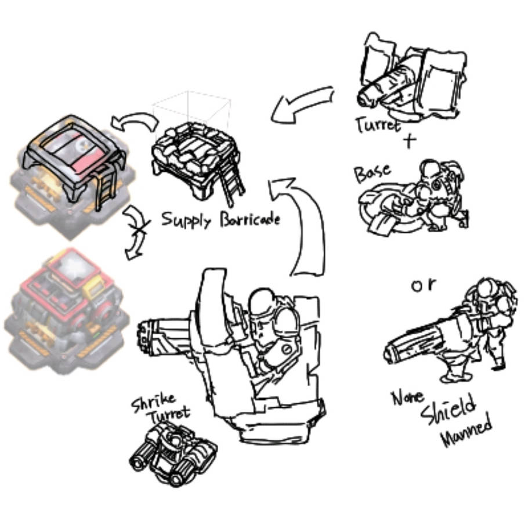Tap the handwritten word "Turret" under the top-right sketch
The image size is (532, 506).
pos(378,124)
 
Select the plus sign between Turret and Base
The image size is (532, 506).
pos(410,141)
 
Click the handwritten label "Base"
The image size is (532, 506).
pos(372,173)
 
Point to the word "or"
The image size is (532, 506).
pos(424,285)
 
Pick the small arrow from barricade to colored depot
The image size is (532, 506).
pos(135,121)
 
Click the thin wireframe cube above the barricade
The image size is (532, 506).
pos(191,110)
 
